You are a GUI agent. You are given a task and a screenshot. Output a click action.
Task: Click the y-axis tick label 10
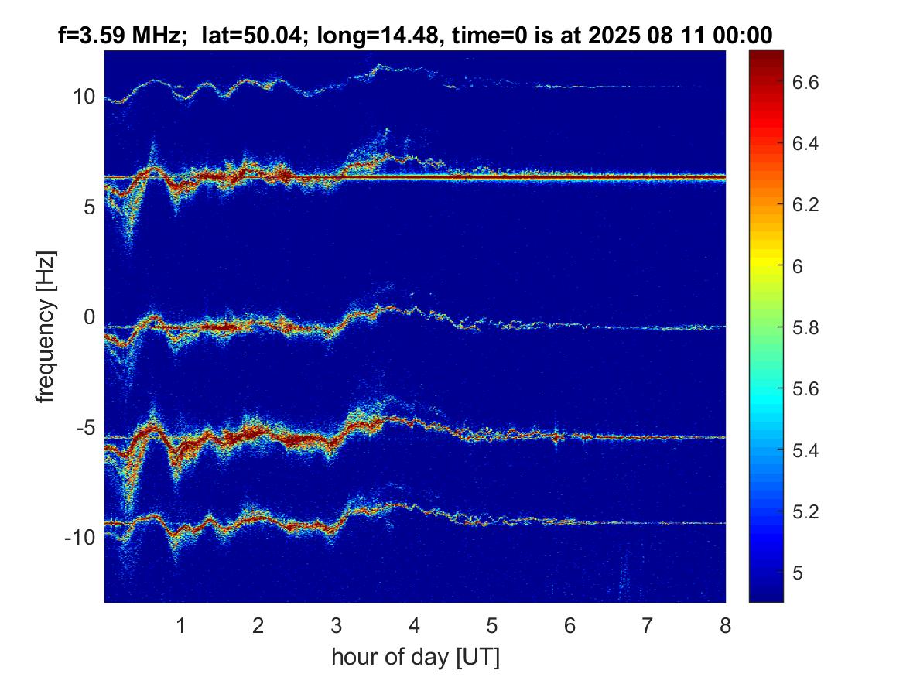84,97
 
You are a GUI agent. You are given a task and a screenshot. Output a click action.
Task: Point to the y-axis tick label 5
89,207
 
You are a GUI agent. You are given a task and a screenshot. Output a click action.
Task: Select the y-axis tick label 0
89,316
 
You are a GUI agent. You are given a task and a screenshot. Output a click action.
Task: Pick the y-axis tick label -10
80,537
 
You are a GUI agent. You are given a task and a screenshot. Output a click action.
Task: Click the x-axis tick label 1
181,625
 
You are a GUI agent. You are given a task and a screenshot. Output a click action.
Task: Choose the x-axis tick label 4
414,625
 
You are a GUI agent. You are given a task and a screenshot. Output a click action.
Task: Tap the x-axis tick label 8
725,625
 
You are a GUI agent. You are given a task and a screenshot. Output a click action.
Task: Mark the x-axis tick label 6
570,625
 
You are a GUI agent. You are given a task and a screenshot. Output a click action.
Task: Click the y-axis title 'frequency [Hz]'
46,327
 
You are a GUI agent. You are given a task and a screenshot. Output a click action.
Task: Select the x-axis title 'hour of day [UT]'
416,656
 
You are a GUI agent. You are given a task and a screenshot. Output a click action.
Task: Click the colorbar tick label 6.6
805,82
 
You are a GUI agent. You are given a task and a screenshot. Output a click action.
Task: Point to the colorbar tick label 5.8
805,327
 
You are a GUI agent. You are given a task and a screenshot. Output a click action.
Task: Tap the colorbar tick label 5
798,573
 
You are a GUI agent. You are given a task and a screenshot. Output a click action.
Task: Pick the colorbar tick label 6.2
805,205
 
